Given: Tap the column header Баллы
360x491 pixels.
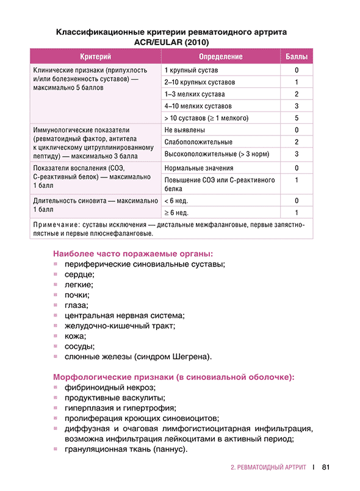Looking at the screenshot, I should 296,57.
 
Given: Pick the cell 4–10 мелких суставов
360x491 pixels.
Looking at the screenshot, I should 197,106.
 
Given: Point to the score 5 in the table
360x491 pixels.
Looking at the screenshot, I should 296,118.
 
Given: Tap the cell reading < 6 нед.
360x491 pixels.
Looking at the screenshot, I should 176,200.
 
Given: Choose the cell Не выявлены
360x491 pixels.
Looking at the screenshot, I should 185,130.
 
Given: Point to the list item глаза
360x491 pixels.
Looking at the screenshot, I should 76,305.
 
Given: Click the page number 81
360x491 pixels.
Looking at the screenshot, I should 325,468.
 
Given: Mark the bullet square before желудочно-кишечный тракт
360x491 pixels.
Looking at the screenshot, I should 56,325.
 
